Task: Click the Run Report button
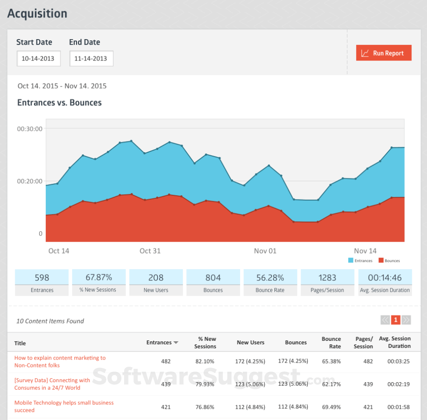[x=383, y=53]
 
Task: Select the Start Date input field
[x=39, y=58]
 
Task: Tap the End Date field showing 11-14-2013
[x=91, y=58]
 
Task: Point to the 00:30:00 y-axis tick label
[x=30, y=129]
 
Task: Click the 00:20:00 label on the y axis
[x=30, y=181]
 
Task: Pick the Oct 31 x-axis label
[x=150, y=251]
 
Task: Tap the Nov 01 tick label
[x=265, y=251]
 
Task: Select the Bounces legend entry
[x=389, y=261]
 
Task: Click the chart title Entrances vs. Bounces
[x=59, y=103]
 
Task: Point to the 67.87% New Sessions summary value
[x=99, y=278]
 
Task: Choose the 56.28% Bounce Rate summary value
[x=270, y=278]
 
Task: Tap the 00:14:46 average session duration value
[x=385, y=278]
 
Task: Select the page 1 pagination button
[x=395, y=319]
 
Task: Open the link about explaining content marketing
[x=60, y=361]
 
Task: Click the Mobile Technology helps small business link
[x=64, y=406]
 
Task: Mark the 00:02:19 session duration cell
[x=398, y=384]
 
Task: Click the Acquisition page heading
[x=37, y=13]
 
